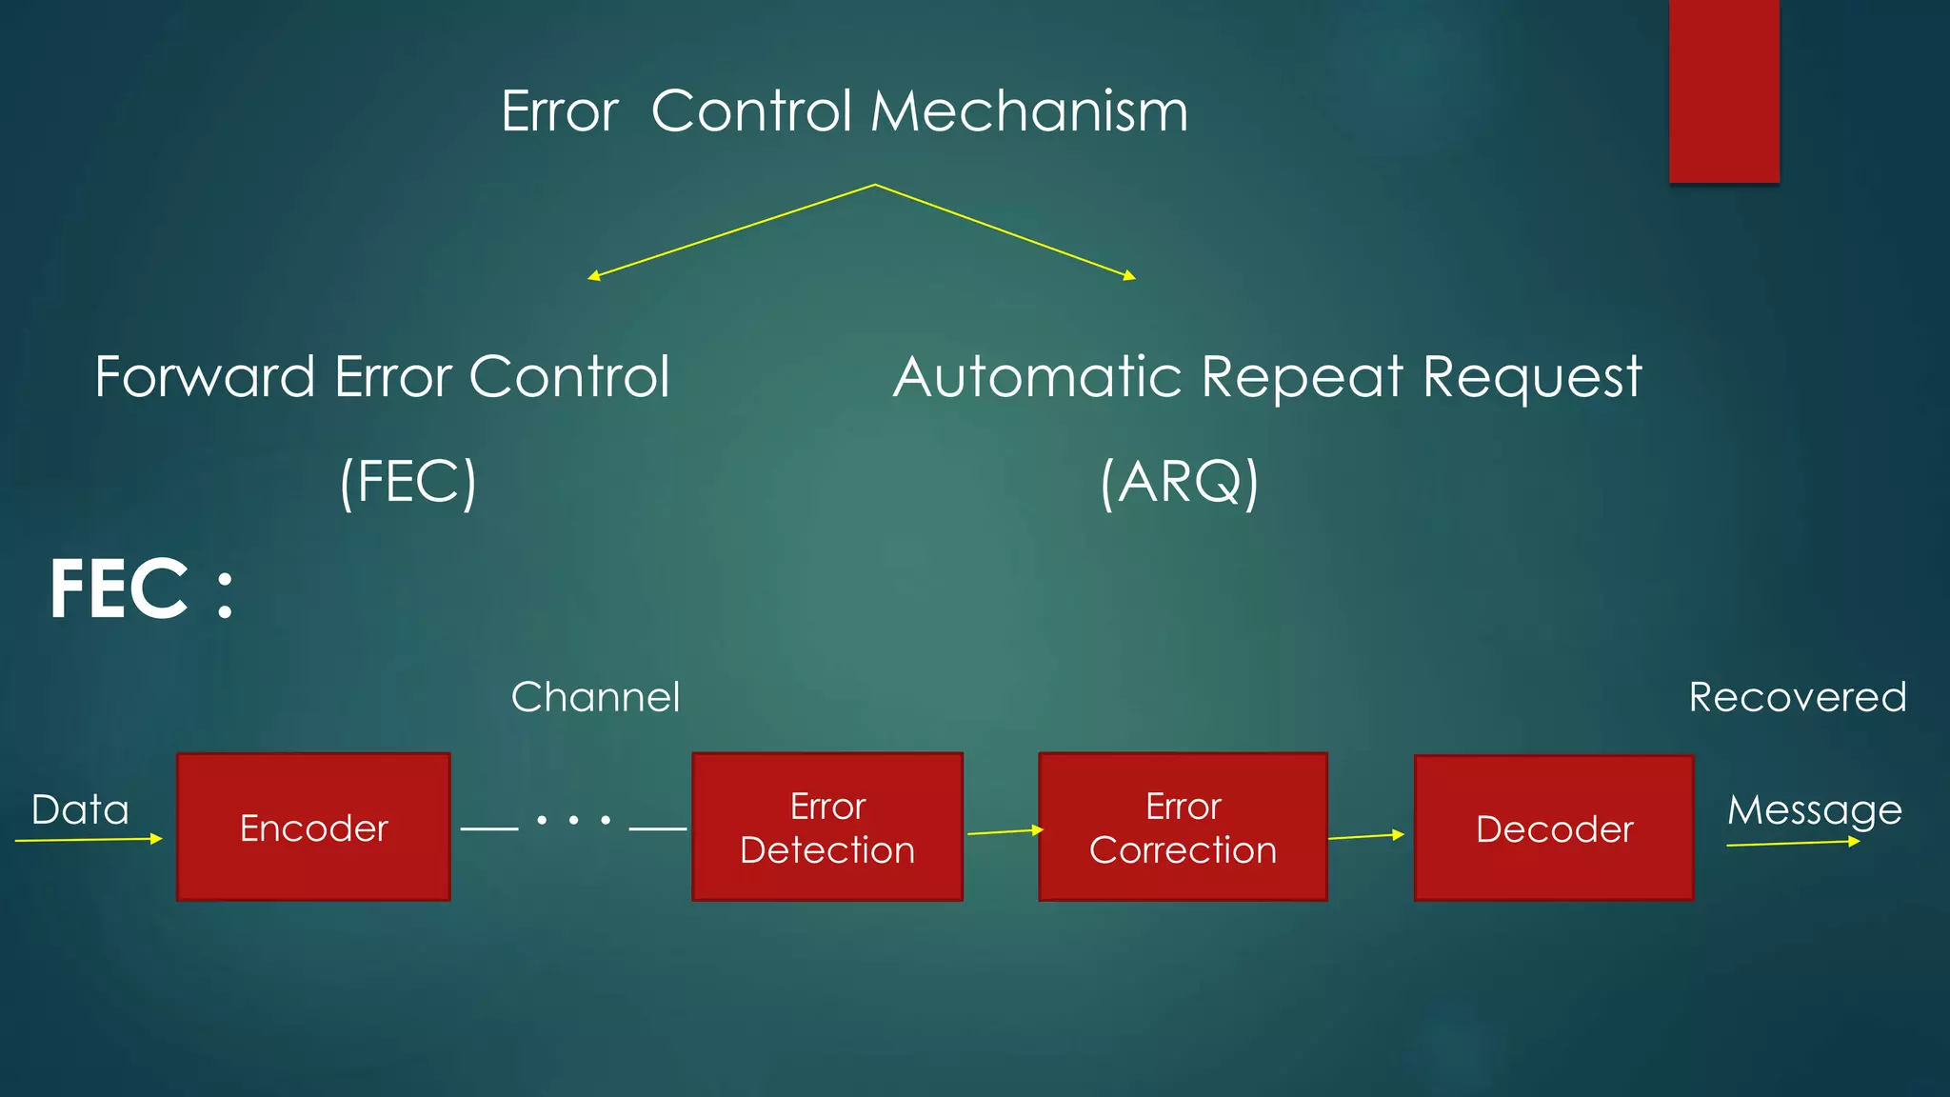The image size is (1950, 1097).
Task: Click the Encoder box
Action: click(x=313, y=827)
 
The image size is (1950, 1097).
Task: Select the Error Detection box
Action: click(x=827, y=827)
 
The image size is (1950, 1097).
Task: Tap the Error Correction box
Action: click(x=1183, y=827)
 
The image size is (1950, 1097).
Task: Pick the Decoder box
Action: click(x=1554, y=828)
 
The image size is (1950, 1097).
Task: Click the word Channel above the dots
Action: click(x=595, y=697)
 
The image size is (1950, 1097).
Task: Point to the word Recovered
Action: click(x=1797, y=697)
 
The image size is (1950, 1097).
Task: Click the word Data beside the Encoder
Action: click(x=80, y=809)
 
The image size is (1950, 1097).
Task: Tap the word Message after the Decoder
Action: click(x=1814, y=810)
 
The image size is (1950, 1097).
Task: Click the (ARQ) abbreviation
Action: click(x=1179, y=482)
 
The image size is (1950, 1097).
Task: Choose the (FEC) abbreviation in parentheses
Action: click(x=408, y=482)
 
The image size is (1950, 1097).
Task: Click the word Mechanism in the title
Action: click(x=1028, y=111)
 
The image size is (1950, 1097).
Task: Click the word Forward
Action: click(x=205, y=376)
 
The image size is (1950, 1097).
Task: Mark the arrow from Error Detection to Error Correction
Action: click(x=1005, y=831)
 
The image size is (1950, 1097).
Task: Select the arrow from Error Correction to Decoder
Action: click(x=1365, y=836)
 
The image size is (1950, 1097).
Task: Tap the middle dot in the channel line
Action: click(x=573, y=820)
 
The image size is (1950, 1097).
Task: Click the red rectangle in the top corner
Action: click(x=1723, y=90)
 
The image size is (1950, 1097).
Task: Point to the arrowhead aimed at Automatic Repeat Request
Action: click(x=1130, y=276)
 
